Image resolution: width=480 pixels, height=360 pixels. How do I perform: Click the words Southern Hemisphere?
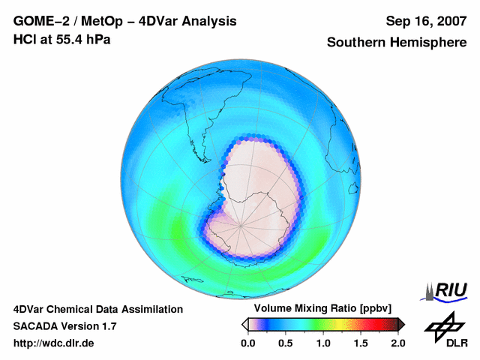pyautogui.click(x=396, y=43)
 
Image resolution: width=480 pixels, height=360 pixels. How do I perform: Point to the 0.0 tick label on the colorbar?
pyautogui.click(x=247, y=343)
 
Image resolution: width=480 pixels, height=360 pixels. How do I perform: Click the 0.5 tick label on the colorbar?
pyautogui.click(x=285, y=343)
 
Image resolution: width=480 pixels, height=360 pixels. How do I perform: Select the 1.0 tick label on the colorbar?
pyautogui.click(x=322, y=343)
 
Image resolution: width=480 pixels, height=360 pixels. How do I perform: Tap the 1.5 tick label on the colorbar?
pyautogui.click(x=360, y=343)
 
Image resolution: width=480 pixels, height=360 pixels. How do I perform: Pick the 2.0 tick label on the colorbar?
pyautogui.click(x=397, y=343)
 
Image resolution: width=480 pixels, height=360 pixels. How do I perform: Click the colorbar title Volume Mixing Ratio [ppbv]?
pyautogui.click(x=319, y=308)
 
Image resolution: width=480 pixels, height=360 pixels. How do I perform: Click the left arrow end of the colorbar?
pyautogui.click(x=244, y=324)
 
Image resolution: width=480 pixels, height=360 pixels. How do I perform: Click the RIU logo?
pyautogui.click(x=448, y=290)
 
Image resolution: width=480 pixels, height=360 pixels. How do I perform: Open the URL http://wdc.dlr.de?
pyautogui.click(x=54, y=343)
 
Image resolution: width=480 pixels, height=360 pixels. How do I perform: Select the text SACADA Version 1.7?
pyautogui.click(x=64, y=326)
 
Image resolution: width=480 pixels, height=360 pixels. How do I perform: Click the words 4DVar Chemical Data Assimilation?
pyautogui.click(x=97, y=309)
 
